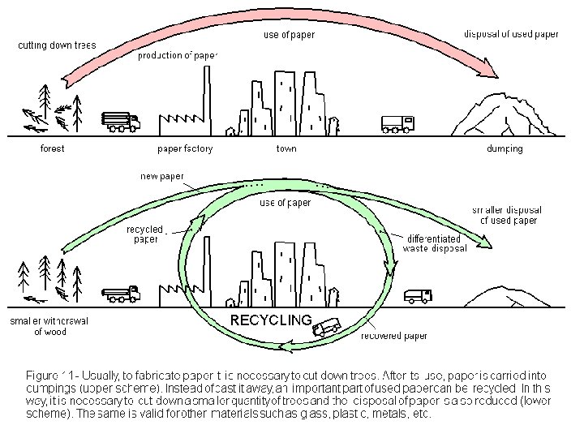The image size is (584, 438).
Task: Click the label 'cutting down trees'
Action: (57, 45)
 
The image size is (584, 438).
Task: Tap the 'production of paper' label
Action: (178, 56)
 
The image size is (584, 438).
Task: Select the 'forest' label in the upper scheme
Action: (52, 148)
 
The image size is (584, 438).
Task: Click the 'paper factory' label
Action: (185, 148)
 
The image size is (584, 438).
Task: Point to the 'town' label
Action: (286, 148)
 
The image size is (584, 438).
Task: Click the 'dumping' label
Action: (505, 148)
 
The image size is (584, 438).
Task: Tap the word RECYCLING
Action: (271, 320)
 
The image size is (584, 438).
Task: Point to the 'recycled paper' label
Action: (144, 234)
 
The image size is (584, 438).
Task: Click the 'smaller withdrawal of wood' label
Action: (49, 326)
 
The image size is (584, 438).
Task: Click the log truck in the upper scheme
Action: (121, 122)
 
